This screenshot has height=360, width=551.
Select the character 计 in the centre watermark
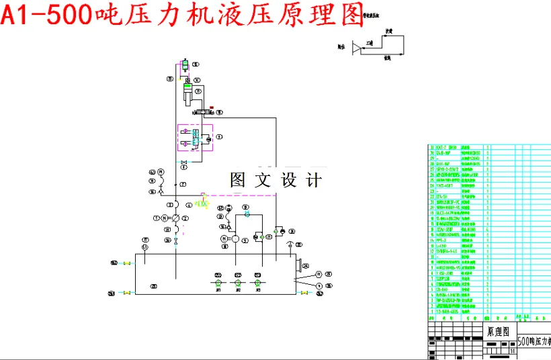(x=313, y=180)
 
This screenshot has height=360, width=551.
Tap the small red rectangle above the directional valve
(x=212, y=107)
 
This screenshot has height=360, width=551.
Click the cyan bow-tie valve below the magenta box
(x=183, y=163)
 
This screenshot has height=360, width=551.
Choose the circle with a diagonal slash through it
(x=175, y=218)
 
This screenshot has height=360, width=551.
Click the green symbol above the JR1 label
(x=218, y=283)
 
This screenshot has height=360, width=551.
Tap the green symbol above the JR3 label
(x=257, y=283)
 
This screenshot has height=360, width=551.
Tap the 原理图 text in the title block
(x=497, y=332)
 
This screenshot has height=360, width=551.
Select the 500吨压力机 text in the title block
(x=533, y=341)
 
